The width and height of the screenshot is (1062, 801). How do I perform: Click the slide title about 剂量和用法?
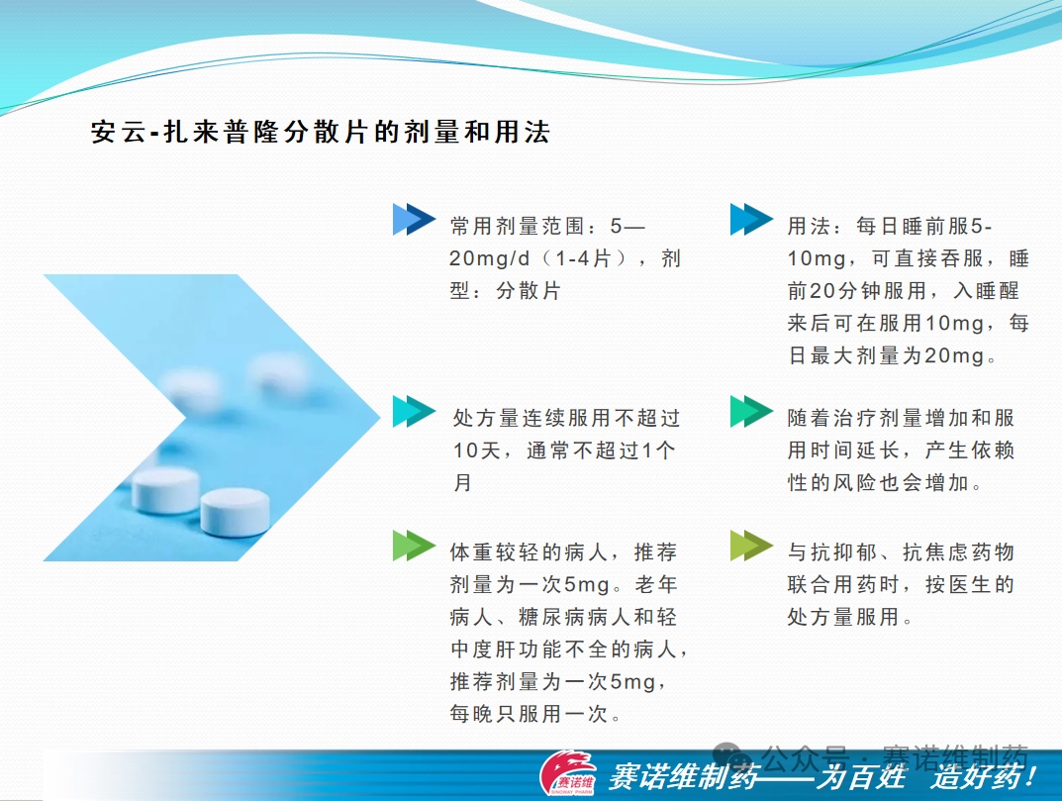pyautogui.click(x=321, y=132)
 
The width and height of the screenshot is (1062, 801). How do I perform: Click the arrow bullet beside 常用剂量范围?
pyautogui.click(x=414, y=220)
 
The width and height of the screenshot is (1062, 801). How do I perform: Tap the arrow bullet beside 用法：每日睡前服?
pyautogui.click(x=751, y=220)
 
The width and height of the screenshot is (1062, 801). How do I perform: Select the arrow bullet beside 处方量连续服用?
pyautogui.click(x=414, y=411)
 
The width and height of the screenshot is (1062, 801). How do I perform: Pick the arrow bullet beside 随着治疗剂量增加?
pyautogui.click(x=751, y=411)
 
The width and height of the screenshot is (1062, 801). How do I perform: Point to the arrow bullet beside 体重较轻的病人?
pyautogui.click(x=414, y=546)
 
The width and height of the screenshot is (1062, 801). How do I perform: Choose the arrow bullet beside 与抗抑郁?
pyautogui.click(x=751, y=546)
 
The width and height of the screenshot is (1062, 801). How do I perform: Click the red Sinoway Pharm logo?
pyautogui.click(x=567, y=772)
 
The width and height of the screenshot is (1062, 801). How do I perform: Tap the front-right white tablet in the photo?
pyautogui.click(x=235, y=512)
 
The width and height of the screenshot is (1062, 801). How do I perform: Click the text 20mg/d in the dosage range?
pyautogui.click(x=489, y=258)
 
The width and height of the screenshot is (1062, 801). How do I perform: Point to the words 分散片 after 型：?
pyautogui.click(x=529, y=291)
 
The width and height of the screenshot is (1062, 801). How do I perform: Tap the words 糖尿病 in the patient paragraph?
pyautogui.click(x=552, y=617)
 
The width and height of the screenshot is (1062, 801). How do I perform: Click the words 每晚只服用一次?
pyautogui.click(x=529, y=714)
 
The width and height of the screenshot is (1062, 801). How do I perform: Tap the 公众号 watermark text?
pyautogui.click(x=804, y=754)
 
